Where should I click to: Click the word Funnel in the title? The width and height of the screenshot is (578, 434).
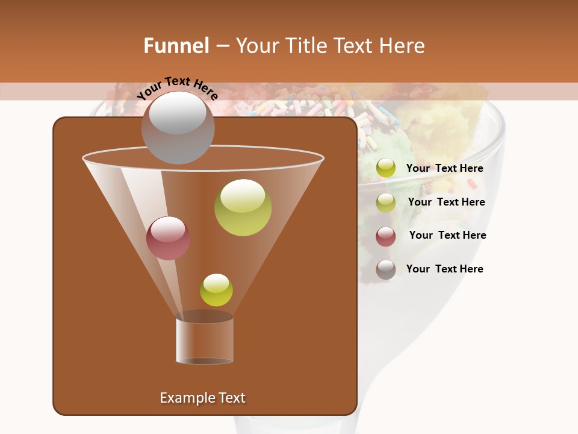176,46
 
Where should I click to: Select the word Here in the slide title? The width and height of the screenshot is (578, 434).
402,46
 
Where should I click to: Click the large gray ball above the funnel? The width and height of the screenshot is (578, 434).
178,127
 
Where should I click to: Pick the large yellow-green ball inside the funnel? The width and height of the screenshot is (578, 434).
243,207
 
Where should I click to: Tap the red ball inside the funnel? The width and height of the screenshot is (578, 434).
168,238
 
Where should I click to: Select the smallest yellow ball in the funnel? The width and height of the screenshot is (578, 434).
216,290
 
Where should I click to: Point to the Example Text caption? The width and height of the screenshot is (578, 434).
202,398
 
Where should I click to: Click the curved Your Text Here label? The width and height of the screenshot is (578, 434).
178,88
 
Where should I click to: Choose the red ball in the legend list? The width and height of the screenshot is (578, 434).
386,236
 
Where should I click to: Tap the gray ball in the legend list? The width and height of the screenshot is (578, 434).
386,269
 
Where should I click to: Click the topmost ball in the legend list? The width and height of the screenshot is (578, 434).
386,168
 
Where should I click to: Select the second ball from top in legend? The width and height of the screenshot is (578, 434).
386,203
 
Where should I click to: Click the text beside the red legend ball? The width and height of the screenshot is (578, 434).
447,235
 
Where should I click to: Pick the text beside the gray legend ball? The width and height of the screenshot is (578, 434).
445,269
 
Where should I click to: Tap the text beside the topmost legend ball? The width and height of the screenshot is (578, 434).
445,168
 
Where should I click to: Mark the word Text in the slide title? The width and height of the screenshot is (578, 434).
352,46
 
